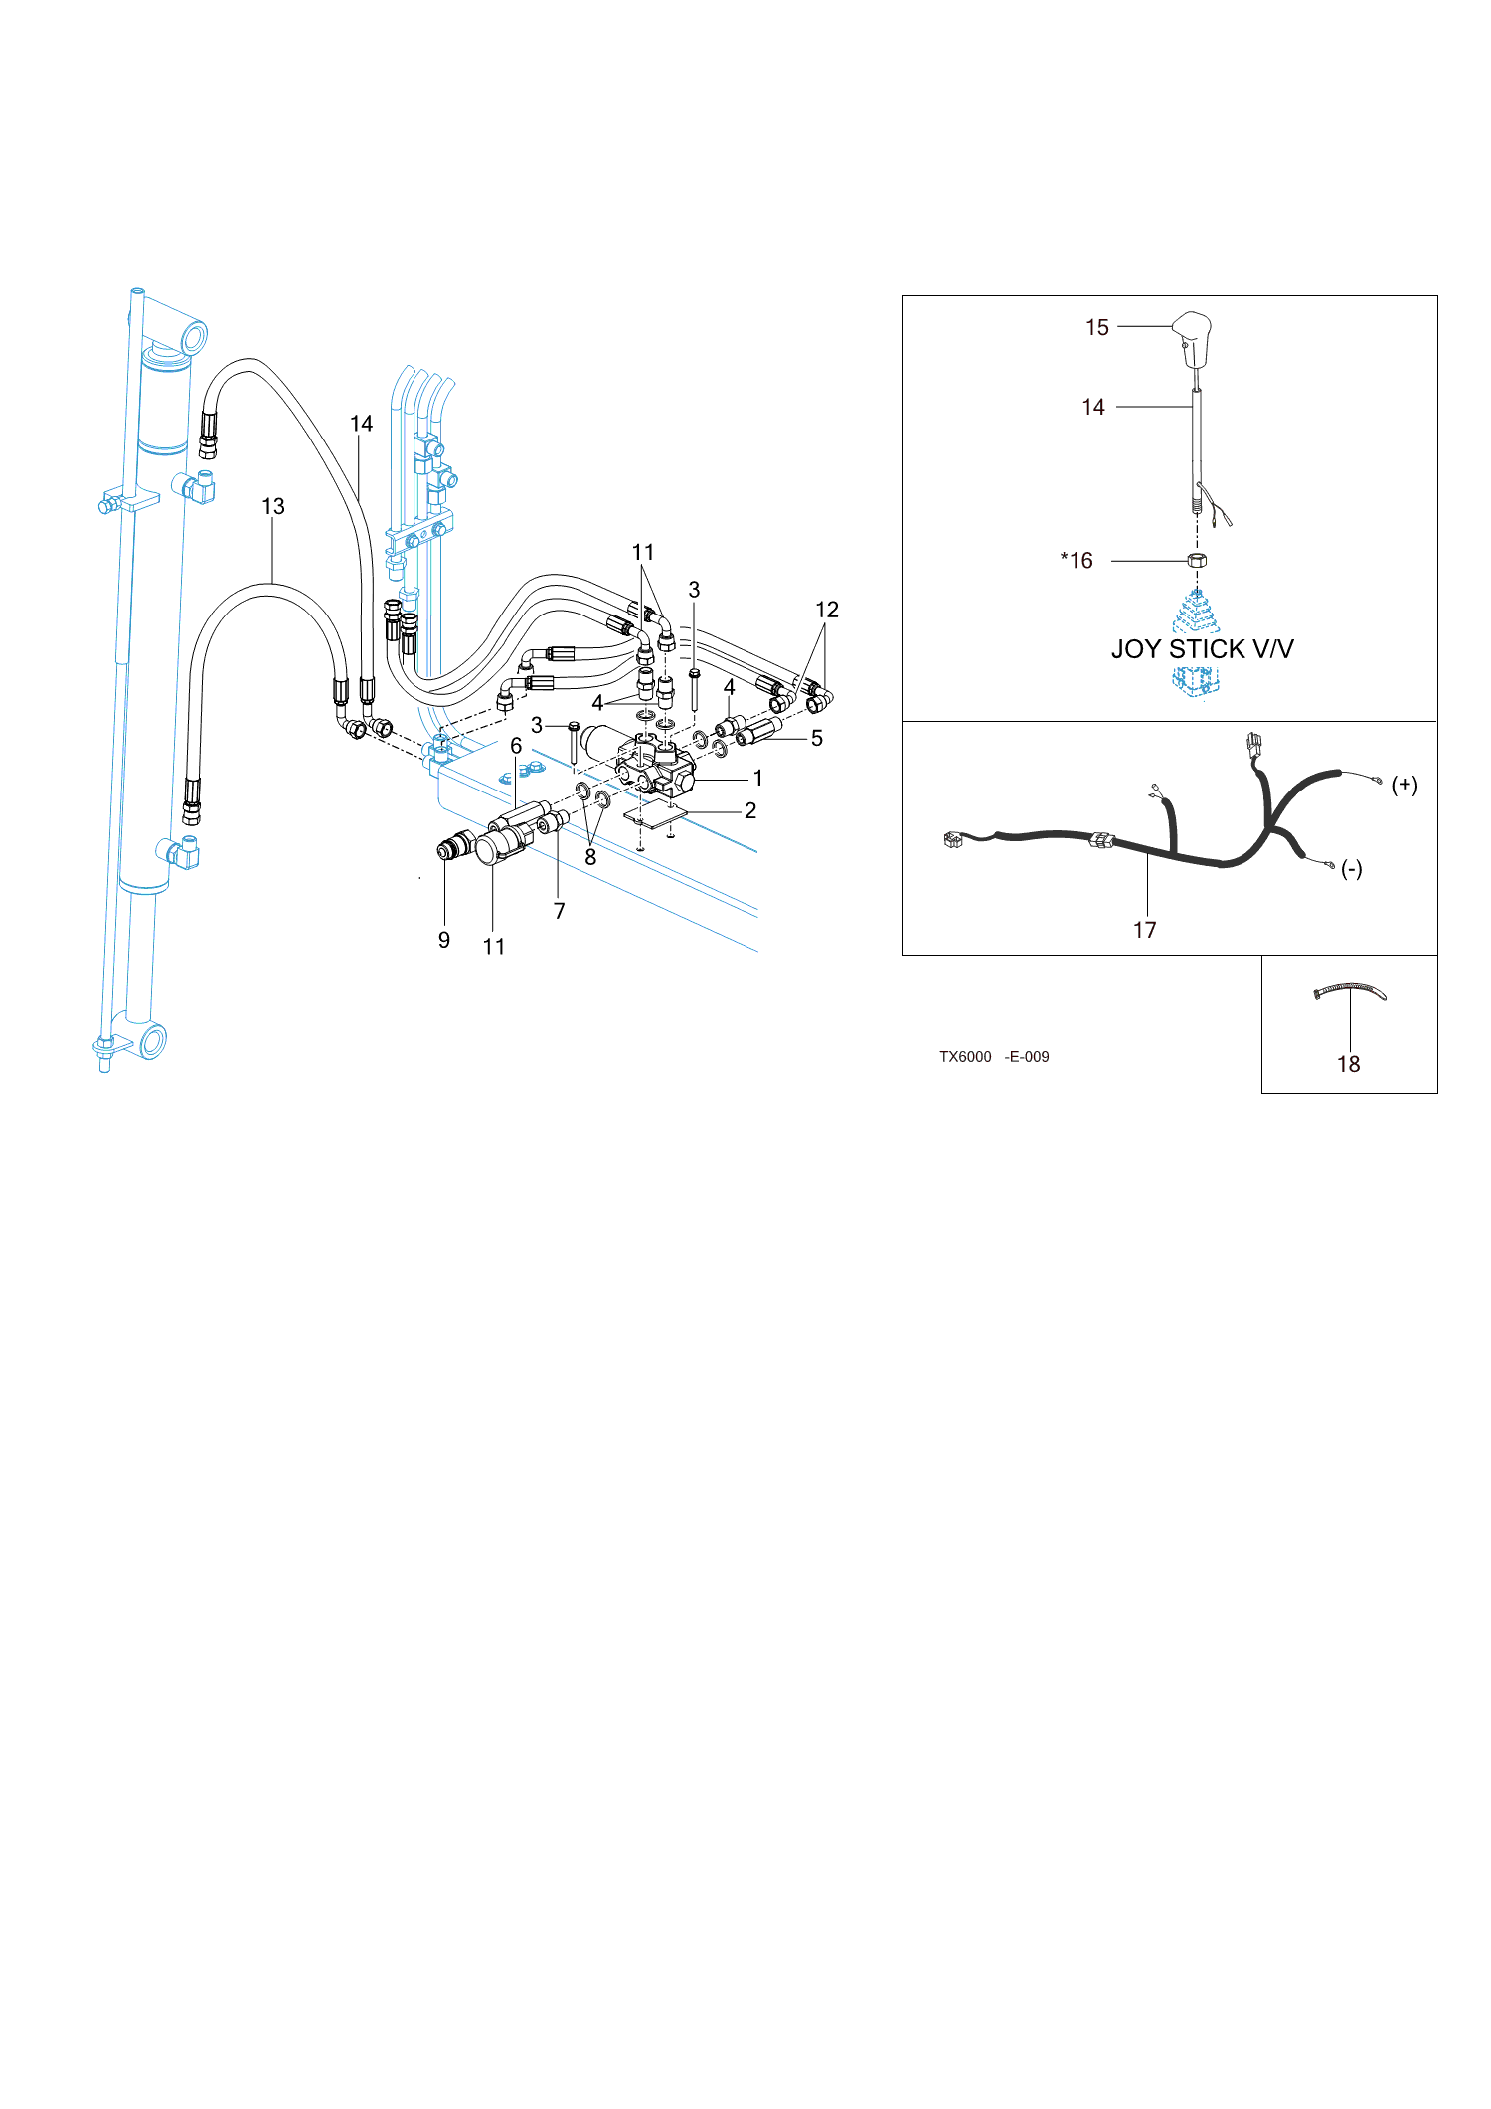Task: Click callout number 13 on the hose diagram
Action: [273, 507]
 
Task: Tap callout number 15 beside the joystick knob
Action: [1097, 328]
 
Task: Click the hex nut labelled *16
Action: [1197, 561]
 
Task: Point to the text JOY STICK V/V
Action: [1203, 649]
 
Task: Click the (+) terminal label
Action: [1405, 786]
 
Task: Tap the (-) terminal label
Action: [1352, 869]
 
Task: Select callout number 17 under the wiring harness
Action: [1145, 930]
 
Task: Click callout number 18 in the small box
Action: [1349, 1064]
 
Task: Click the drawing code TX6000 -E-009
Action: [994, 1057]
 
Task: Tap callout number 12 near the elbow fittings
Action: [827, 611]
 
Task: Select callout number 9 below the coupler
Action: [444, 941]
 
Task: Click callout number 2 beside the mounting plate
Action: [750, 811]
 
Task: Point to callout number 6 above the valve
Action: [516, 746]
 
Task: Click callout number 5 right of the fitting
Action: [817, 739]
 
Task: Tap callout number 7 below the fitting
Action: [560, 911]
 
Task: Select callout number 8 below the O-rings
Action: [590, 857]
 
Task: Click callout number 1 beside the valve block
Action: [758, 778]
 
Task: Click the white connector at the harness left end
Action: [953, 840]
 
